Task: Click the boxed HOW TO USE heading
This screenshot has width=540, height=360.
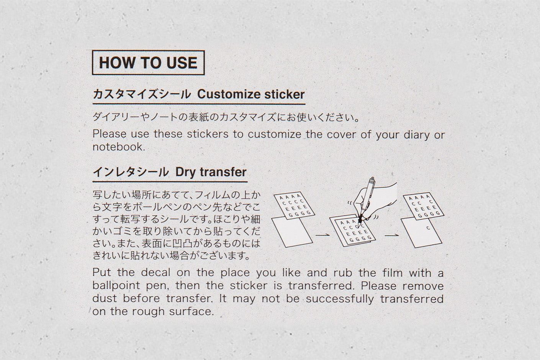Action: point(148,62)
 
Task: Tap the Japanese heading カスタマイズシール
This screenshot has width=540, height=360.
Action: point(142,94)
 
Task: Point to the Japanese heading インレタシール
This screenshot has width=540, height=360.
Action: point(131,172)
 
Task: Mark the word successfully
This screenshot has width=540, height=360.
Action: point(339,299)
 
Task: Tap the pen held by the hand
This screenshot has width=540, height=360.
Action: point(367,195)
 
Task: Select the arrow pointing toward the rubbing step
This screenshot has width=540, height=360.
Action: point(322,234)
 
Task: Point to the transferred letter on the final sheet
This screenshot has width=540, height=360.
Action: point(428,228)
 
